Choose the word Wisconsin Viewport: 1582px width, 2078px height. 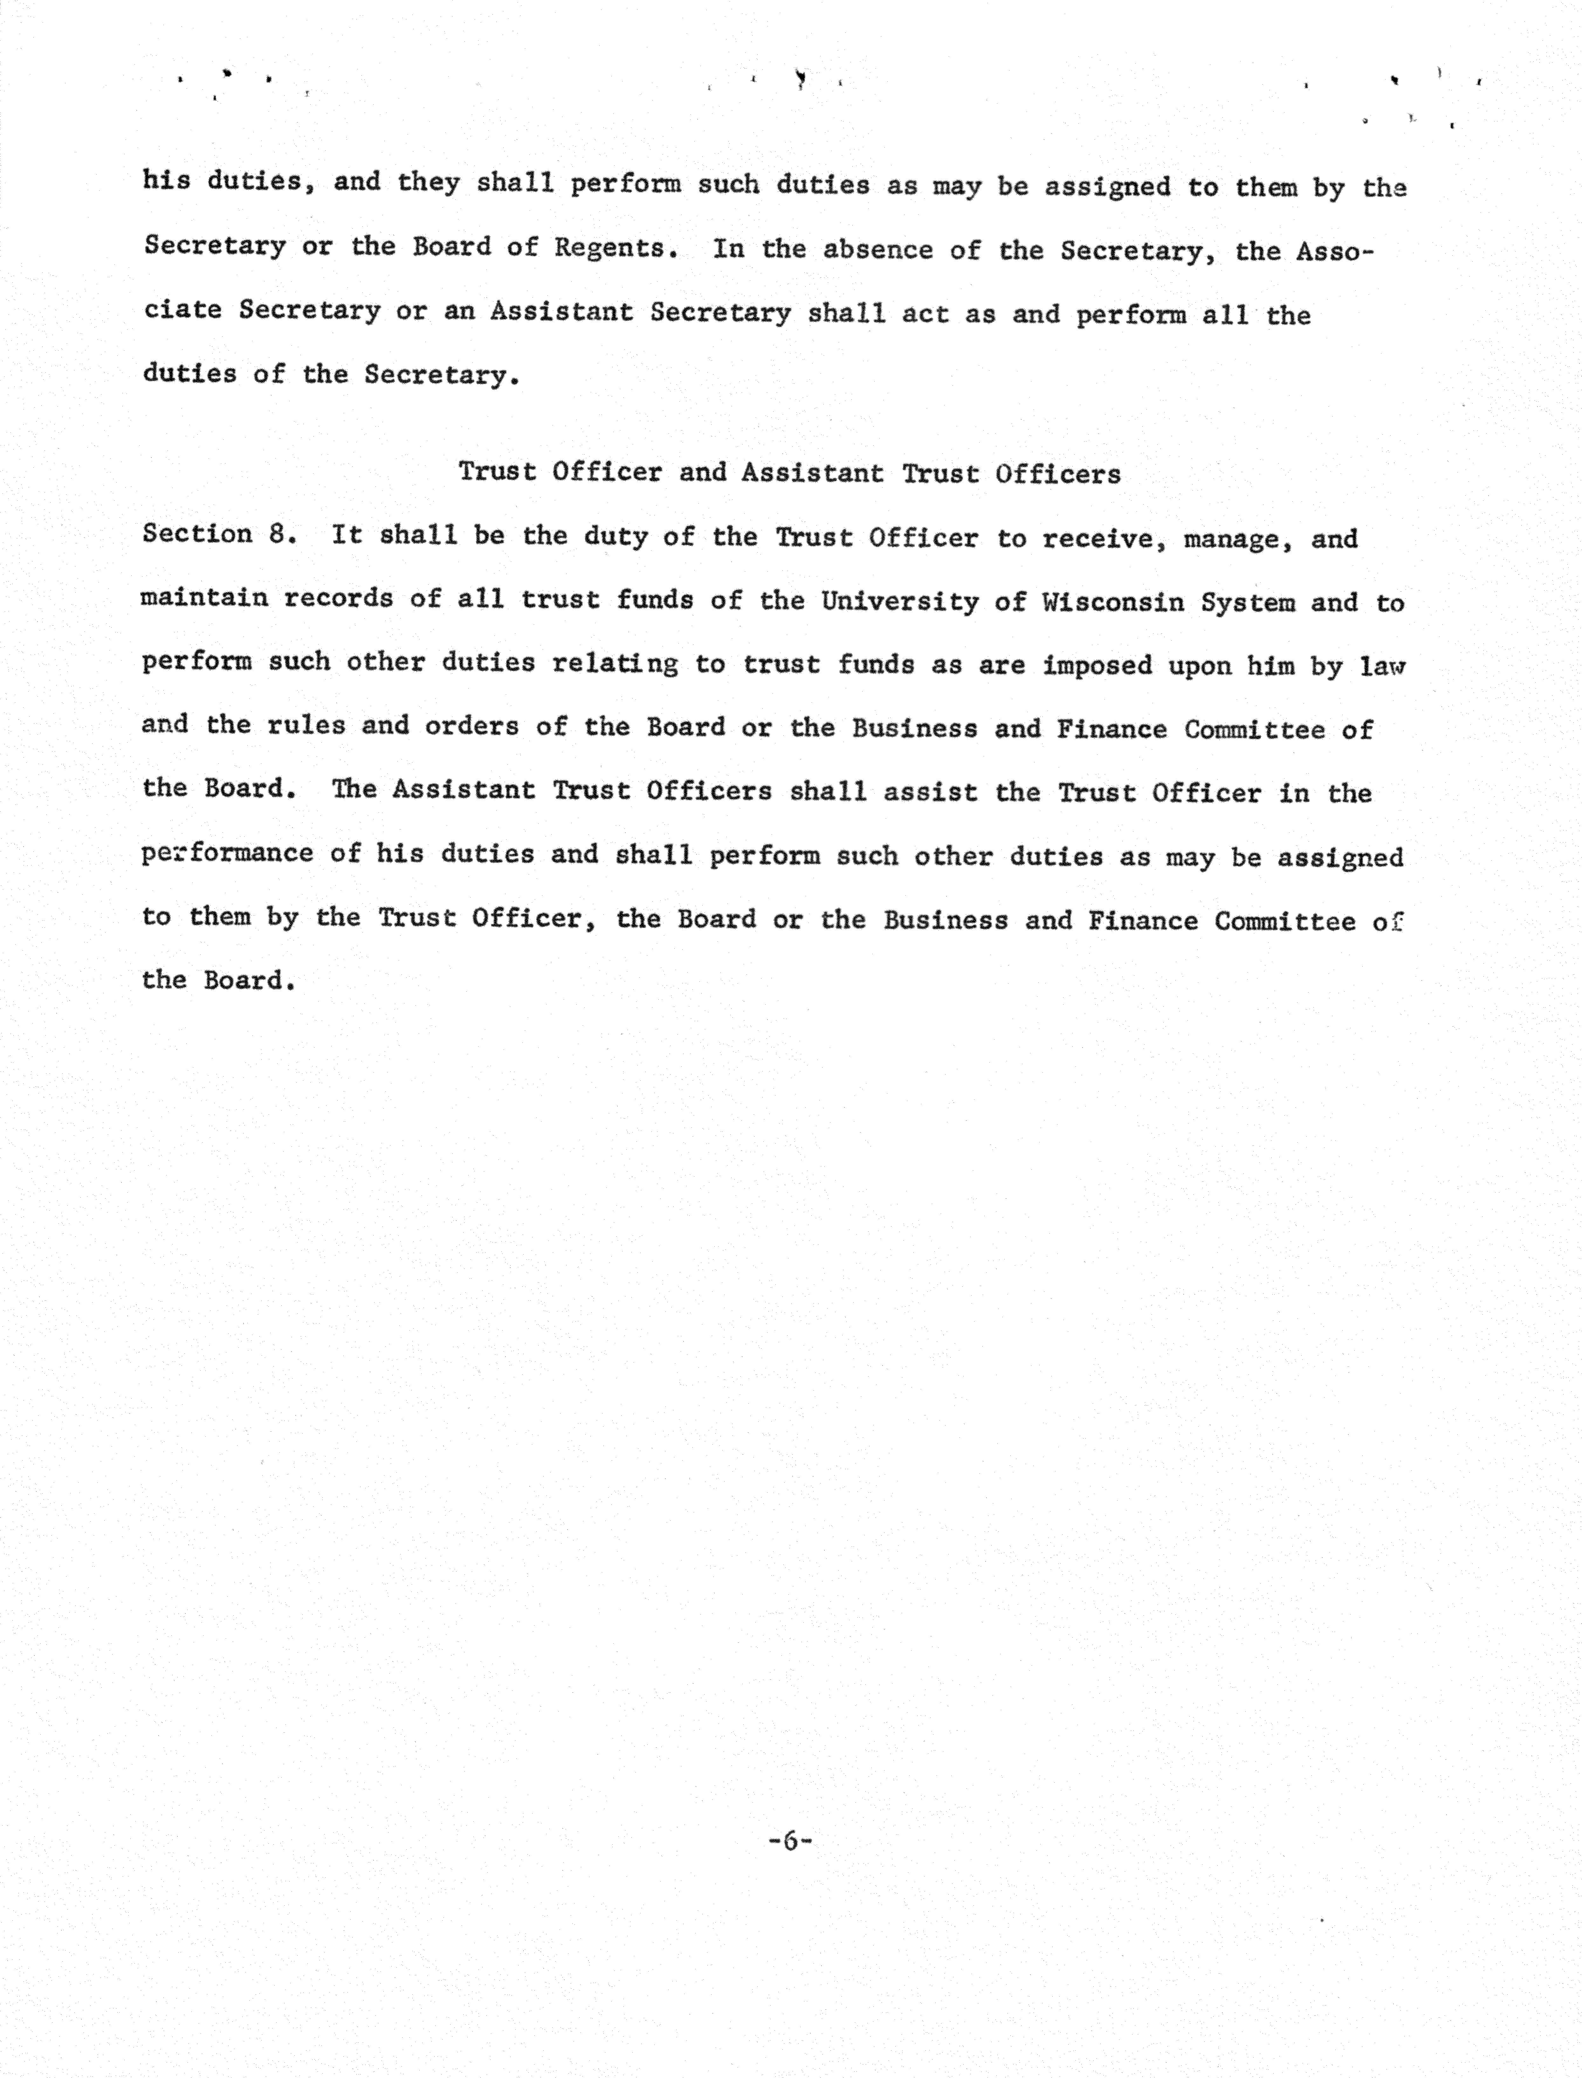1113,602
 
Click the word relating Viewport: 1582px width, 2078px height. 615,664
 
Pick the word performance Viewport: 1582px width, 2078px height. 227,853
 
